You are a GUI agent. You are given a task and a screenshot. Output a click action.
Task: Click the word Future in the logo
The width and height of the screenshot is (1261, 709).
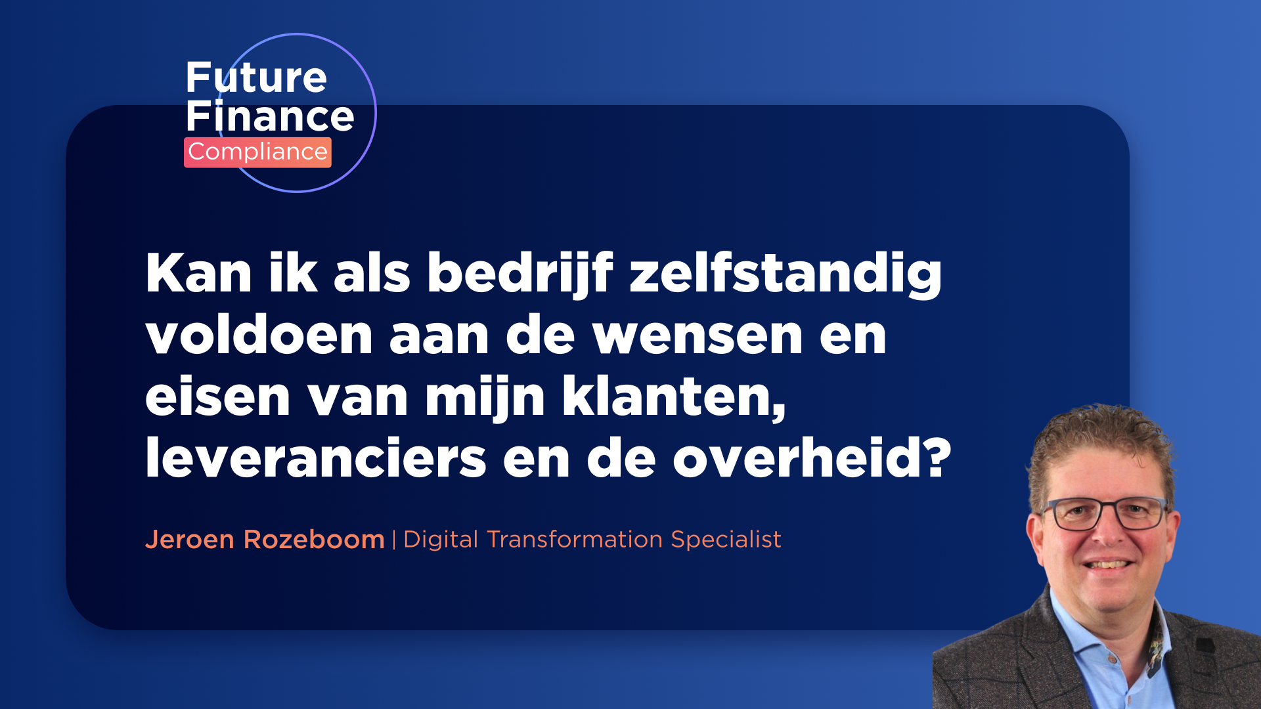[256, 77]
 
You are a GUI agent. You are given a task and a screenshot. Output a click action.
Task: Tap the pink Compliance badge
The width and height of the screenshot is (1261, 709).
[257, 152]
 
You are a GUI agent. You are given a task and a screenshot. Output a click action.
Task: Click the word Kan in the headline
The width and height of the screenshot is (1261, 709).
[198, 272]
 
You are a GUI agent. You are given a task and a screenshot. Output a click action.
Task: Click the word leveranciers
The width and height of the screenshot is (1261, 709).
[316, 457]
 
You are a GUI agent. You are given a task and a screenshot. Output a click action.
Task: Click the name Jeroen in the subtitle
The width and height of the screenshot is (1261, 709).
[190, 540]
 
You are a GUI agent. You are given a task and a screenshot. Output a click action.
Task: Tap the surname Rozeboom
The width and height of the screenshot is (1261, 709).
[314, 540]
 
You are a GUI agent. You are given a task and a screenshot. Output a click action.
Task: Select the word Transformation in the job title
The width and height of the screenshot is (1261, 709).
[575, 540]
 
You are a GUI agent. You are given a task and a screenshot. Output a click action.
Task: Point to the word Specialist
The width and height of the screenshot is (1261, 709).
[726, 540]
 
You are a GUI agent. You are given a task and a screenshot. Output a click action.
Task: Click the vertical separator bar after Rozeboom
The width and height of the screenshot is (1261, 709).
[394, 540]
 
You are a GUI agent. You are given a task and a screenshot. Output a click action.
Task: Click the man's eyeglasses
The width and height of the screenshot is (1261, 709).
[1105, 513]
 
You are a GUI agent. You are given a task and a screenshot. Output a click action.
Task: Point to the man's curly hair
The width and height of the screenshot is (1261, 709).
[1103, 440]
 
